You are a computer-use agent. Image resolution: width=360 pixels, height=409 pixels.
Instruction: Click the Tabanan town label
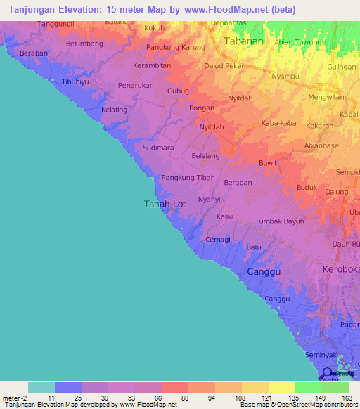click(x=243, y=41)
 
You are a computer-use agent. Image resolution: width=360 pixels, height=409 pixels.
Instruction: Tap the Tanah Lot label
click(x=165, y=204)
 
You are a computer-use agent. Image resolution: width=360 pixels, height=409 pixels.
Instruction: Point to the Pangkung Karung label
click(x=175, y=48)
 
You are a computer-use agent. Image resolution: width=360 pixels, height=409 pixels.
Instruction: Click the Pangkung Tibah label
click(x=188, y=178)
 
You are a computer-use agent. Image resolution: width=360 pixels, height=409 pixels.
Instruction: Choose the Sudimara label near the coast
click(x=158, y=148)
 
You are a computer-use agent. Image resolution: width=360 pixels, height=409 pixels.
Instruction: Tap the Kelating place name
click(x=115, y=110)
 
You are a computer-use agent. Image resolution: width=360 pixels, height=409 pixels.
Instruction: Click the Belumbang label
click(x=84, y=44)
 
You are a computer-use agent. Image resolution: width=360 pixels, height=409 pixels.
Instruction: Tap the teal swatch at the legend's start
click(x=41, y=387)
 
